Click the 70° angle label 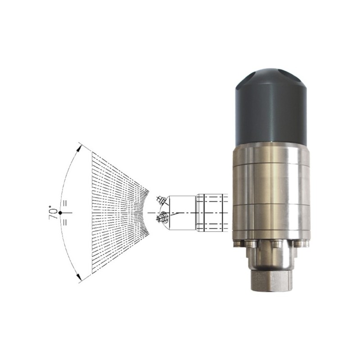(x=53, y=213)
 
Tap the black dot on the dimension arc (x=60, y=213)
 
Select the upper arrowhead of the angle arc (x=79, y=147)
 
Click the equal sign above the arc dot (x=65, y=203)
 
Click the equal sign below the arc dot (x=65, y=222)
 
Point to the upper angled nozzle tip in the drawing (x=161, y=199)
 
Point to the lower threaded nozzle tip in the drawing (x=162, y=217)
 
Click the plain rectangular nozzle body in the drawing (x=182, y=212)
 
